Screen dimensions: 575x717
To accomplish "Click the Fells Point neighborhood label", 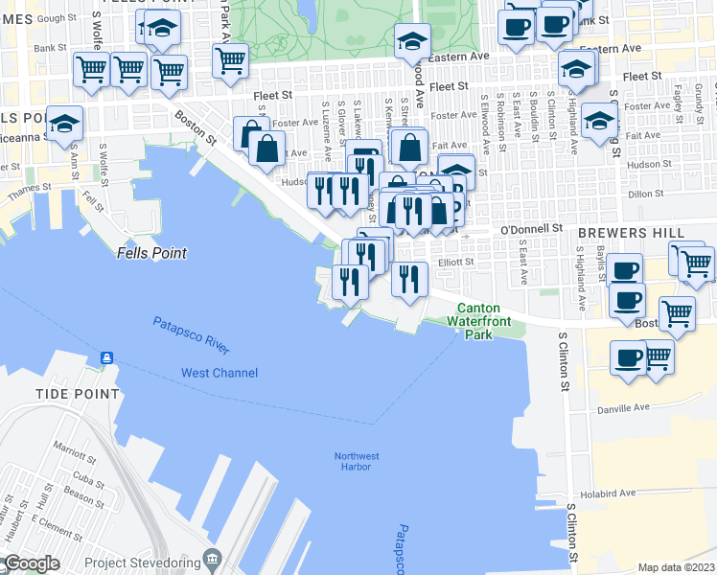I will tap(151, 253).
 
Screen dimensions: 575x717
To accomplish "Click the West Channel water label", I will tap(220, 372).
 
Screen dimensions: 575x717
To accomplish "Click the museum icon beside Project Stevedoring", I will tap(213, 560).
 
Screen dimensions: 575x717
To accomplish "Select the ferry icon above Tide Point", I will tap(105, 358).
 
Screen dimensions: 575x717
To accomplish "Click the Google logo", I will tap(33, 563).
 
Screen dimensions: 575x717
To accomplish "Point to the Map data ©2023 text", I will tap(677, 567).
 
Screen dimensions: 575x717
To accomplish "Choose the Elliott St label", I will tap(455, 262).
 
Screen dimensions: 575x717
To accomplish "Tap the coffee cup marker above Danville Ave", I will tap(628, 358).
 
